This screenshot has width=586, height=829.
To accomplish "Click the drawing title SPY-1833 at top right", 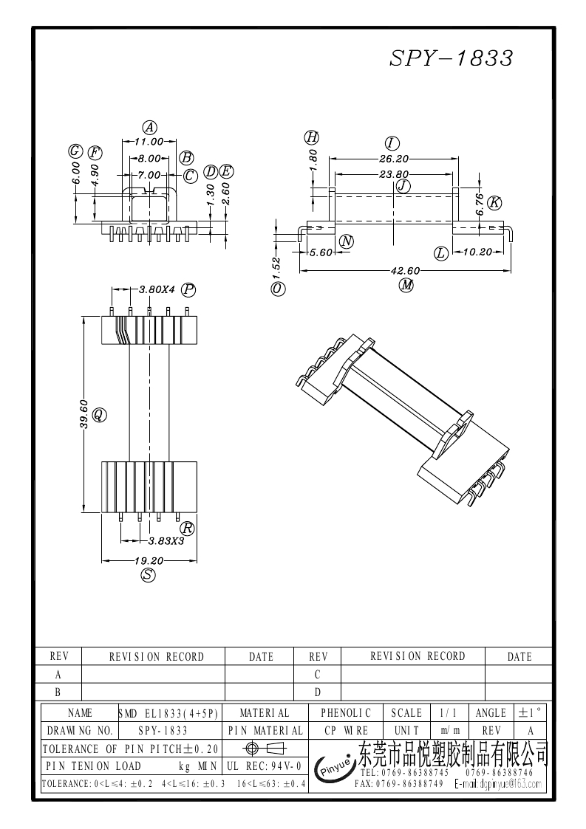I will [451, 59].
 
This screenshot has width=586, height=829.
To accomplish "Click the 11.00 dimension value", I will [149, 141].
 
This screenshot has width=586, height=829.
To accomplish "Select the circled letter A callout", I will [149, 126].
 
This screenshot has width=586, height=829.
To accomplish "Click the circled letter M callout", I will [406, 286].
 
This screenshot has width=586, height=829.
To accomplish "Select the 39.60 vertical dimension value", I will [85, 415].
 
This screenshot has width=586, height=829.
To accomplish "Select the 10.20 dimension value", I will [476, 252].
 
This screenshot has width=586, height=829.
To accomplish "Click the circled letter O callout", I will [278, 289].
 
